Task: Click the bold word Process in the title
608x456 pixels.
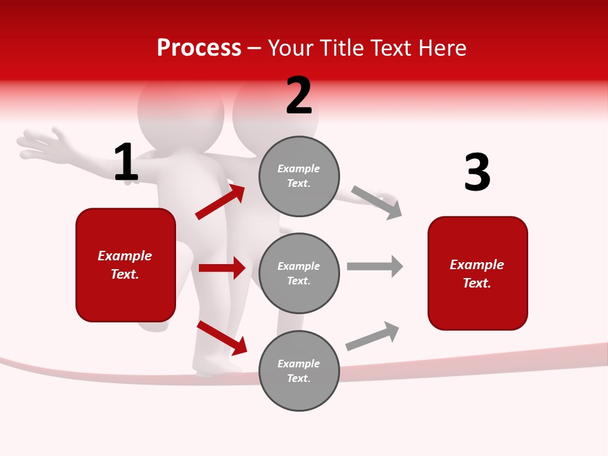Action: tap(199, 48)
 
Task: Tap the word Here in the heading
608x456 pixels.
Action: tap(441, 48)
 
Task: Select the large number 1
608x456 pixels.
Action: tap(126, 163)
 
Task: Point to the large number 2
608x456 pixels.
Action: tap(299, 96)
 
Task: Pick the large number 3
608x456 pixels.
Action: tap(477, 173)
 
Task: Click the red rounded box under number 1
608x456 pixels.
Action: tap(125, 265)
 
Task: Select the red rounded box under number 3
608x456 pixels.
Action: tap(478, 274)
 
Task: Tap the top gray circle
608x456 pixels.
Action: tap(299, 176)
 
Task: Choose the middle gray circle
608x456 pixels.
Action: tap(299, 273)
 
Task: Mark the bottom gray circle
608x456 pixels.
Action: tap(299, 370)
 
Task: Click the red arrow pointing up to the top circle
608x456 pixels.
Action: tap(220, 202)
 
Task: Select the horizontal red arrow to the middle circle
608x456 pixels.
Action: tap(222, 268)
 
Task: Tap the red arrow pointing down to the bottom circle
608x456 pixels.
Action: tap(222, 338)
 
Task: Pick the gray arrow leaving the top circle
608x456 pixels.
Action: tap(377, 202)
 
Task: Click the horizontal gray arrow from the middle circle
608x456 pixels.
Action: tap(375, 267)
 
